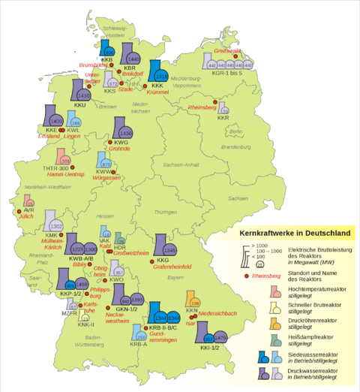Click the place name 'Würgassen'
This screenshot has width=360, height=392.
point(103,179)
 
